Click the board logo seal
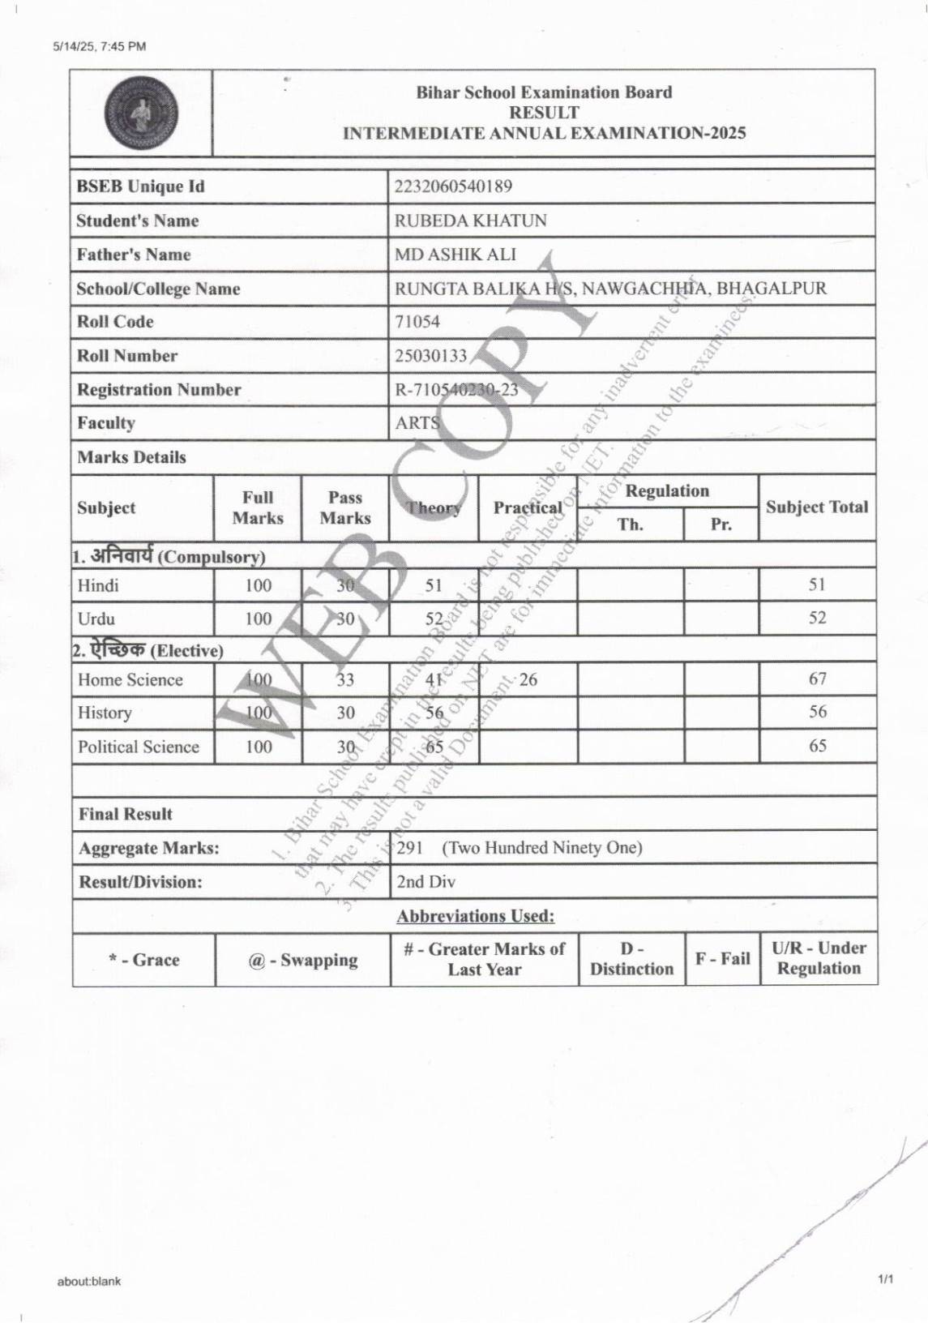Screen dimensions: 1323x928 pyautogui.click(x=141, y=113)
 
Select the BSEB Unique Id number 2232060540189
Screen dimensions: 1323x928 pyautogui.click(x=453, y=186)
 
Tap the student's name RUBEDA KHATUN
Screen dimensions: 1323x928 pyautogui.click(x=470, y=220)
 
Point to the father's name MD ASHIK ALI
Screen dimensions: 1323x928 pyautogui.click(x=455, y=255)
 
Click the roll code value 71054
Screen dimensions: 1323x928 pyautogui.click(x=417, y=322)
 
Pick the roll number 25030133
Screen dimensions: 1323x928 pyautogui.click(x=430, y=356)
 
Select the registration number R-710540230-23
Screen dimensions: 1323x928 pyautogui.click(x=456, y=390)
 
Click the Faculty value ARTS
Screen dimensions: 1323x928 pyautogui.click(x=417, y=423)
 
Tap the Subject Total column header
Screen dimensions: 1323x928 pyautogui.click(x=816, y=507)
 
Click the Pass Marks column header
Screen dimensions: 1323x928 pyautogui.click(x=344, y=507)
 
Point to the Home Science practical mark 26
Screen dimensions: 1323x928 pyautogui.click(x=528, y=679)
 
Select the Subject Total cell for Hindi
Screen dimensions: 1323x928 pyautogui.click(x=817, y=584)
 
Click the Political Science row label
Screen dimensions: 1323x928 pyautogui.click(x=139, y=747)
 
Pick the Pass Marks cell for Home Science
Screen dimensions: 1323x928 pyautogui.click(x=345, y=679)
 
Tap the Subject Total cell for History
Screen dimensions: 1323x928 pyautogui.click(x=817, y=712)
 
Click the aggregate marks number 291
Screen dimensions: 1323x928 pyautogui.click(x=410, y=848)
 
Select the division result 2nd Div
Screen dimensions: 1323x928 pyautogui.click(x=426, y=882)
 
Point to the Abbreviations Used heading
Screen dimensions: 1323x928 pyautogui.click(x=475, y=916)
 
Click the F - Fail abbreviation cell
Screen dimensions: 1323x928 pyautogui.click(x=722, y=959)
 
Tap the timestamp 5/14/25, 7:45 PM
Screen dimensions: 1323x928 pyautogui.click(x=100, y=46)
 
